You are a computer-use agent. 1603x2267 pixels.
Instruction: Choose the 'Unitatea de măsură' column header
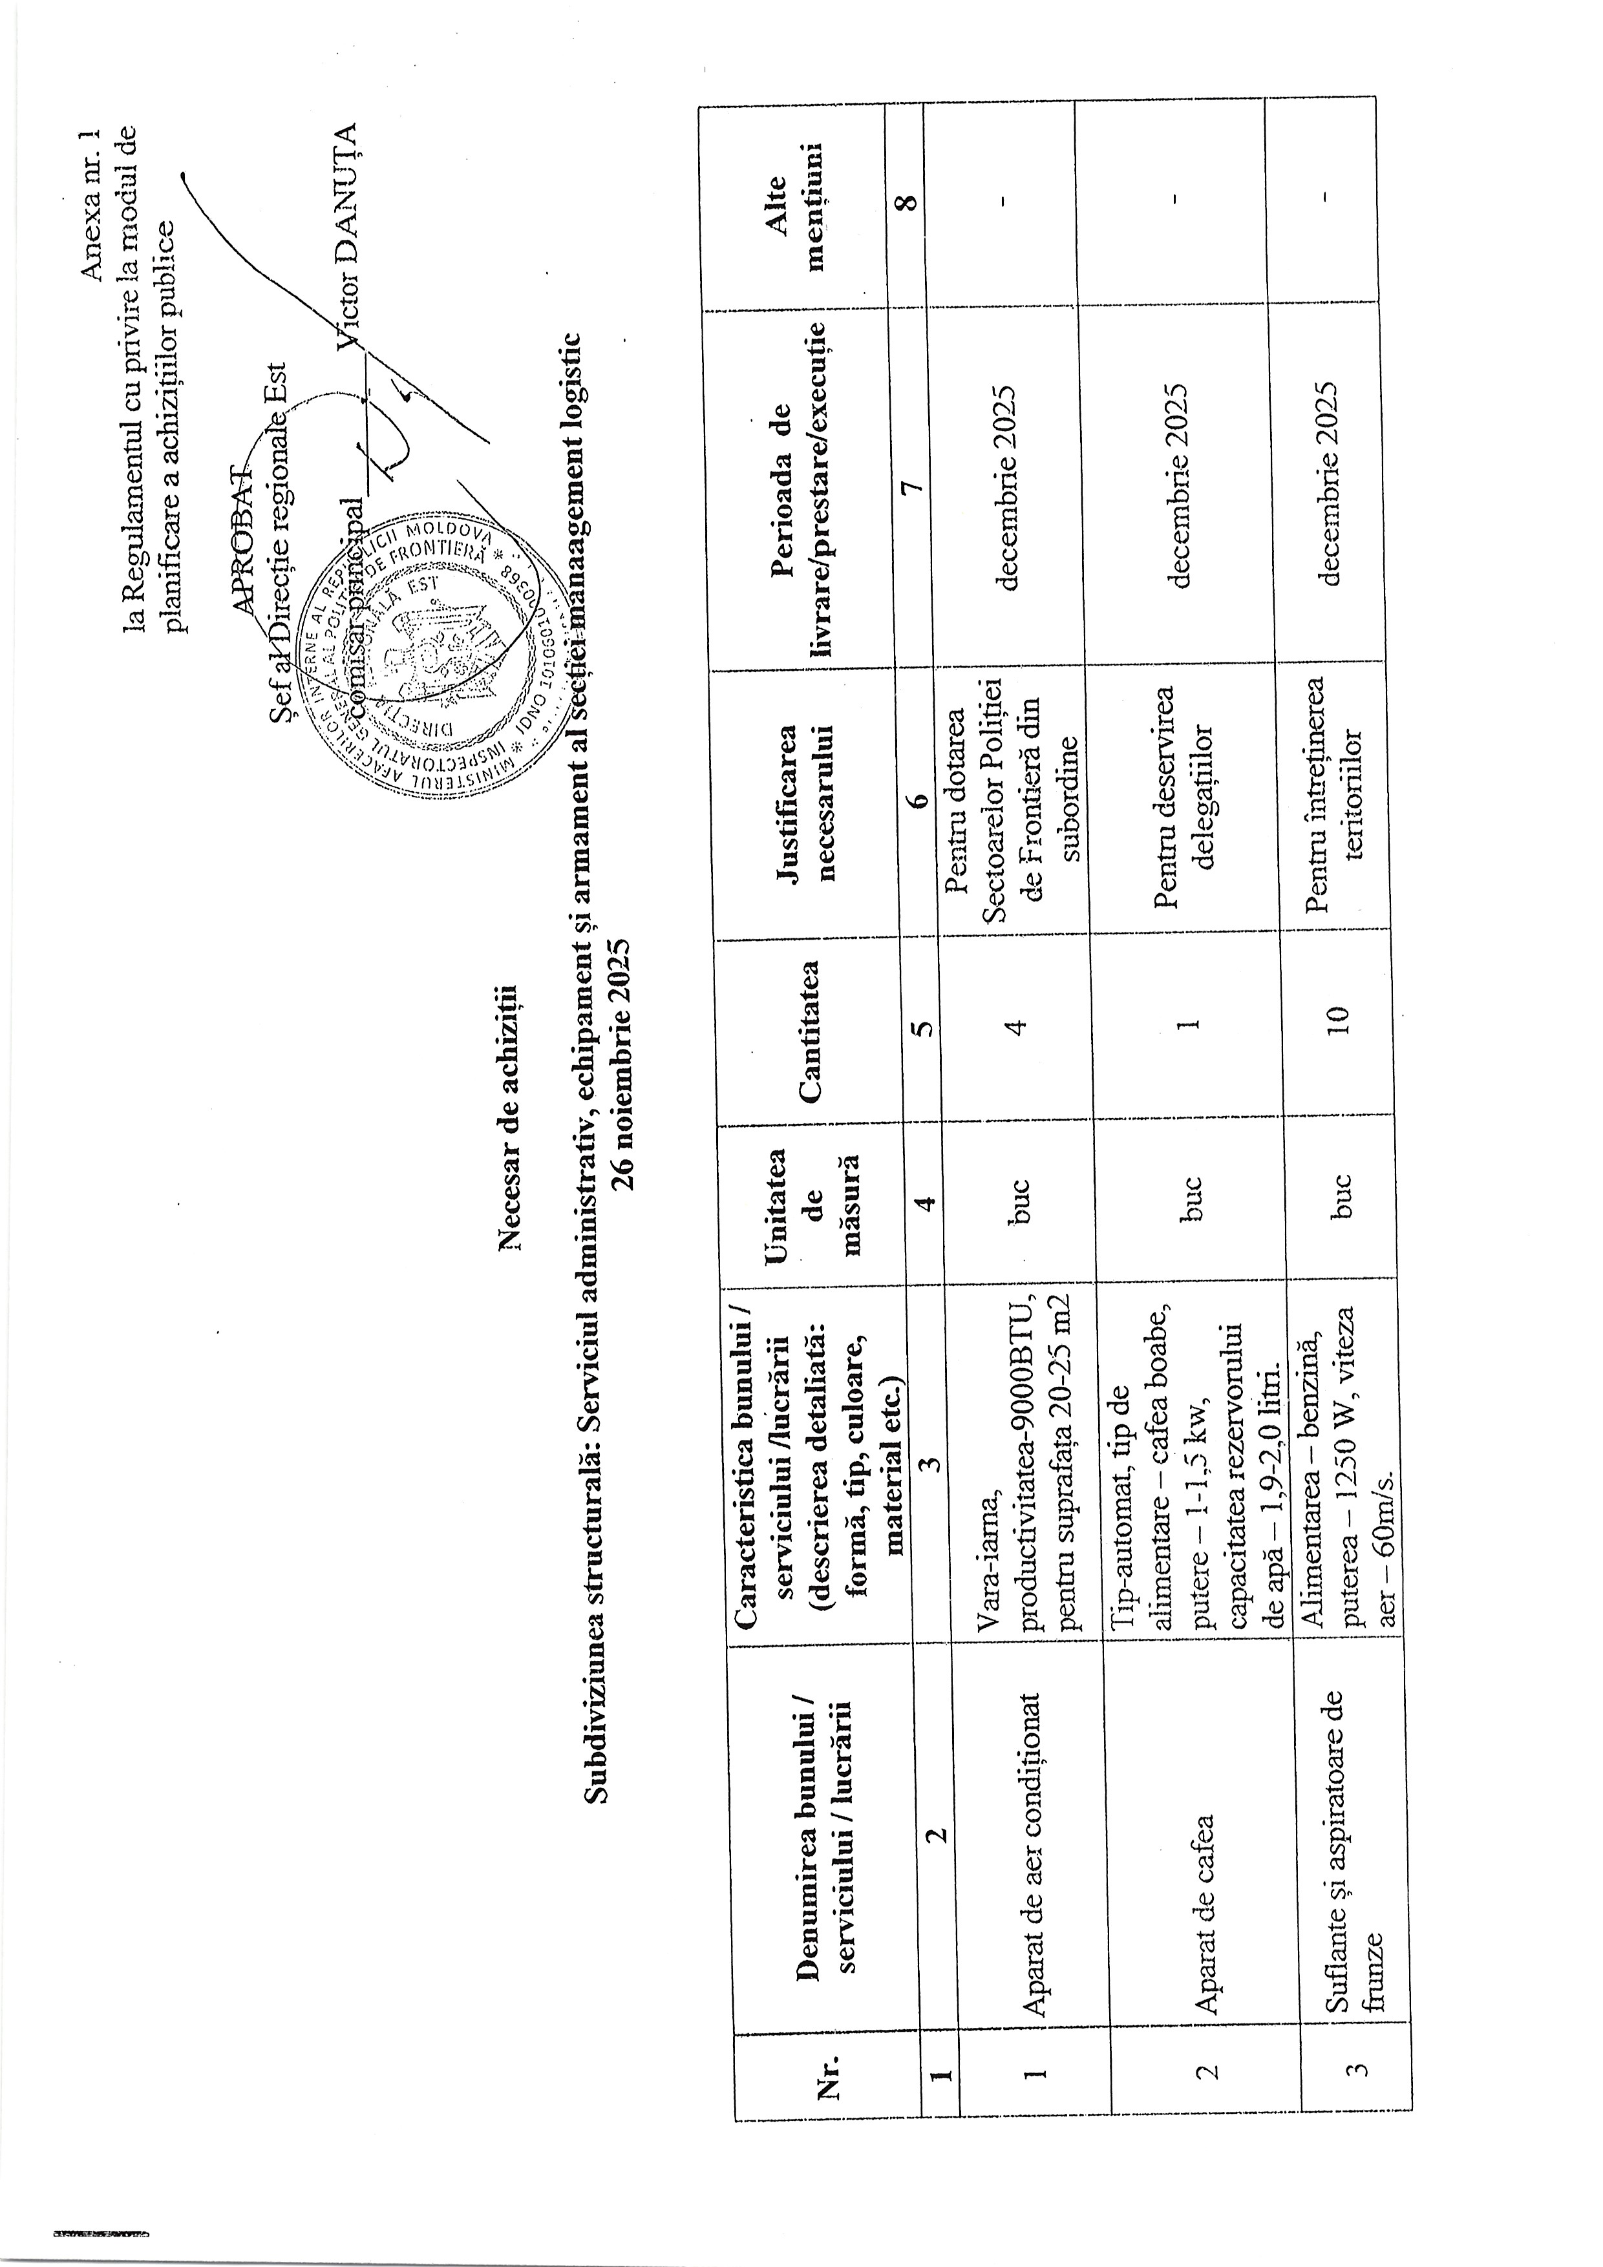816,1199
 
